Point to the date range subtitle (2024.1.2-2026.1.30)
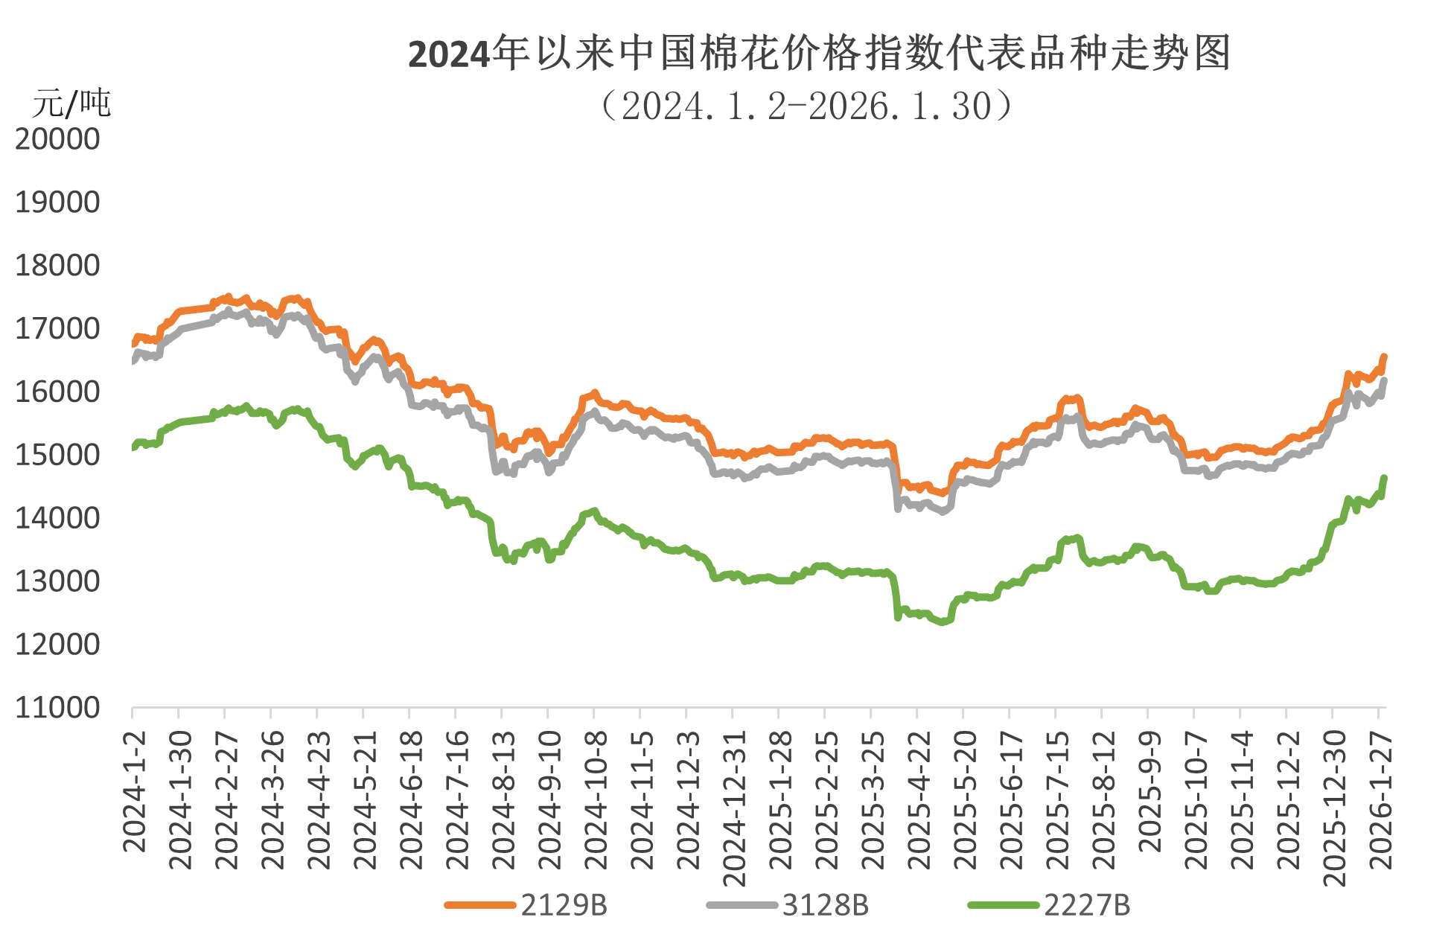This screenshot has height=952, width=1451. tap(808, 106)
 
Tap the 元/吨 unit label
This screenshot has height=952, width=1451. tap(71, 103)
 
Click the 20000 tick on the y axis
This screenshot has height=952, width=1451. tap(57, 139)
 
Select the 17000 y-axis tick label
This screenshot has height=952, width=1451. tap(57, 328)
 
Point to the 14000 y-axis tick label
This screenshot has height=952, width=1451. tap(57, 518)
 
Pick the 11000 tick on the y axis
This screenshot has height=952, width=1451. tap(57, 708)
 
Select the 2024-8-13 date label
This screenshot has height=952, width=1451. tap(504, 799)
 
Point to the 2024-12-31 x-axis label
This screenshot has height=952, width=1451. tap(735, 808)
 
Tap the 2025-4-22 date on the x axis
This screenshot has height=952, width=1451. tap(919, 799)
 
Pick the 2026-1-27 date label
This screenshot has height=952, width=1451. tap(1382, 799)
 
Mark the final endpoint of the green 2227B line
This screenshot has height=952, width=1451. tap(1384, 476)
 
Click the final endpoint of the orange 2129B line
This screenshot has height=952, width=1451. tap(1384, 356)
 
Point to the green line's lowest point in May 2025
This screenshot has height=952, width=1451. tap(944, 622)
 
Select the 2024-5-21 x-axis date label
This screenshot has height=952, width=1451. tap(366, 799)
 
